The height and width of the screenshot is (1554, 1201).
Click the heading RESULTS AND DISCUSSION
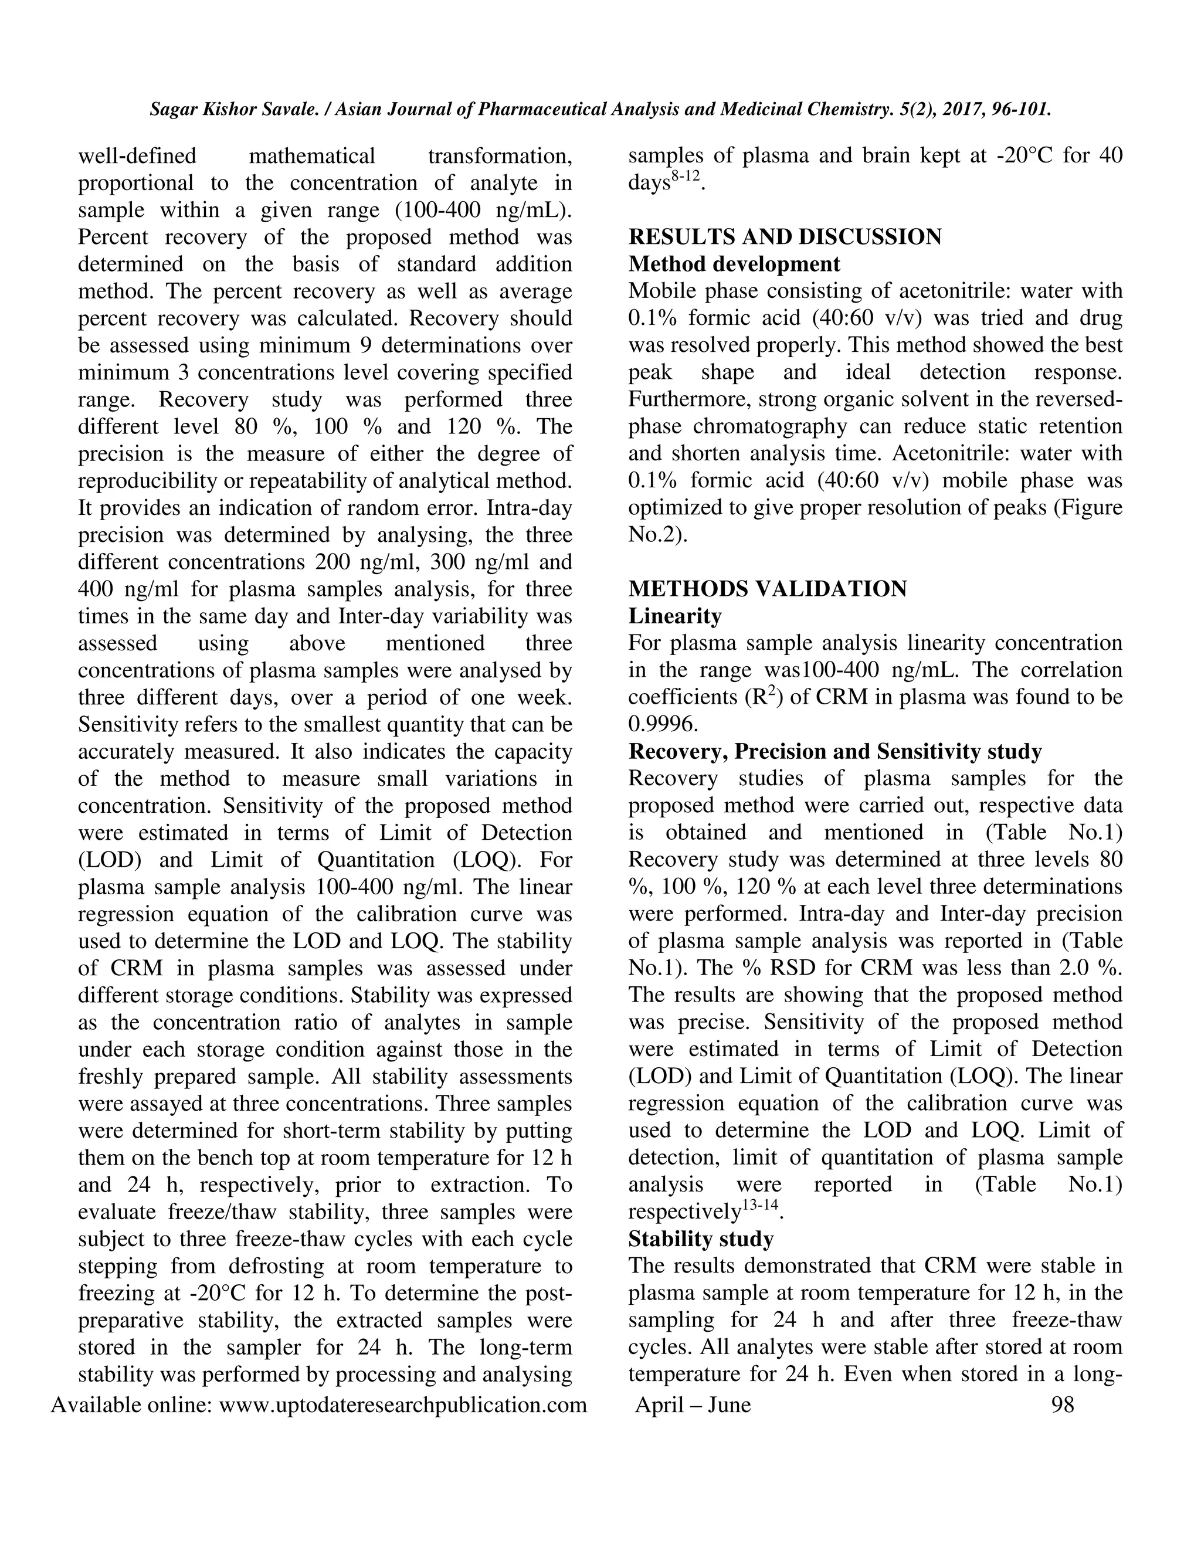click(x=785, y=237)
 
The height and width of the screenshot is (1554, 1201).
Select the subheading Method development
click(x=734, y=264)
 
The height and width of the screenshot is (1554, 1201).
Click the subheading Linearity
click(x=674, y=616)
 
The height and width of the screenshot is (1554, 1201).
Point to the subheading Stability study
click(x=700, y=1239)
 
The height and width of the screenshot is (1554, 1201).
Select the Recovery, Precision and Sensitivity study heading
click(x=834, y=751)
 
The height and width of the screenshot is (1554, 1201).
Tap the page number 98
click(x=1062, y=1404)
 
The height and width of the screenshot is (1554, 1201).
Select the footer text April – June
click(x=693, y=1404)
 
